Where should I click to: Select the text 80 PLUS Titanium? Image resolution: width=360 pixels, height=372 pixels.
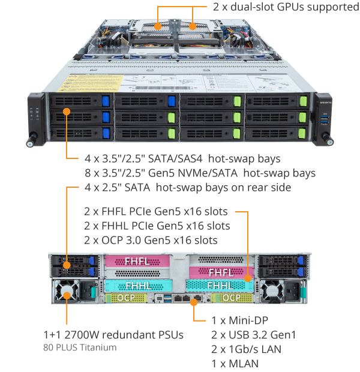80,347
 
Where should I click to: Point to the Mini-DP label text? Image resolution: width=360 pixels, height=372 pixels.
248,320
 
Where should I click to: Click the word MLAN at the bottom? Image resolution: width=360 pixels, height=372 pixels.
244,364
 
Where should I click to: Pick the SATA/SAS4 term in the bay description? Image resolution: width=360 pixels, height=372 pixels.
175,159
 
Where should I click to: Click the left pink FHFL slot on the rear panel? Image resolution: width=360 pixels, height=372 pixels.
137,261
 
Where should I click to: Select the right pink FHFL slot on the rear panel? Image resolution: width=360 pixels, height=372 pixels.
221,272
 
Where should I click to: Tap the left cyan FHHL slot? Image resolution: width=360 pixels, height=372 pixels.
139,286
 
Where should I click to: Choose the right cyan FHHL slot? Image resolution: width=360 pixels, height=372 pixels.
220,286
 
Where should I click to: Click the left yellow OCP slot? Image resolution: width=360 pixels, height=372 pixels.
126,298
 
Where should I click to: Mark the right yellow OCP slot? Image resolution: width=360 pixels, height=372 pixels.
232,298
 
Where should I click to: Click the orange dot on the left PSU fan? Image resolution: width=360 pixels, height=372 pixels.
67,296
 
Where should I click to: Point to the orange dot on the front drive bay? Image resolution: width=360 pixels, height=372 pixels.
67,112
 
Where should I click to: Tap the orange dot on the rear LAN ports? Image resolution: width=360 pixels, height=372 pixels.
194,302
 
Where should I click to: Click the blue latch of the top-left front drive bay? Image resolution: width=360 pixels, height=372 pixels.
106,101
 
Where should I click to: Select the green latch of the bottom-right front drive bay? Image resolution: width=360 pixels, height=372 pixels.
302,134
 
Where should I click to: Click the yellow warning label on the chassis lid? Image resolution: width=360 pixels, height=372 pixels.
90,83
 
